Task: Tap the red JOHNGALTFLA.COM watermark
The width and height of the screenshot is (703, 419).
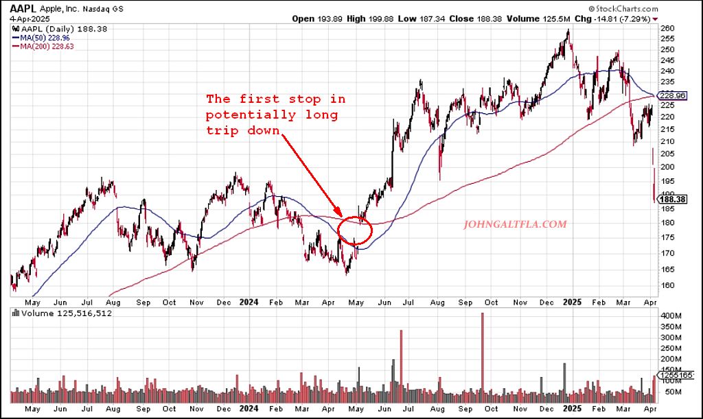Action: tap(516, 224)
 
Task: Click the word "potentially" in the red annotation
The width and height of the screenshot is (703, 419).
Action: tap(253, 115)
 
